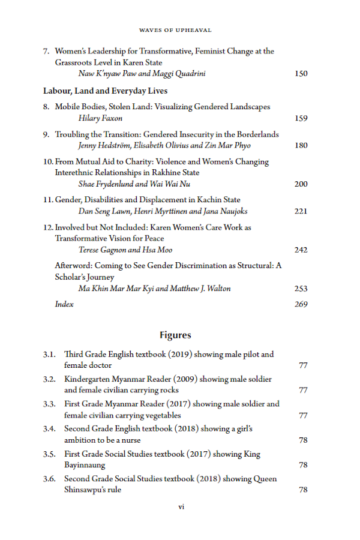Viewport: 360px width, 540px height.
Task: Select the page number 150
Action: click(x=301, y=74)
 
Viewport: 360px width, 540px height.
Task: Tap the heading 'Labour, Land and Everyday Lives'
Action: click(x=105, y=91)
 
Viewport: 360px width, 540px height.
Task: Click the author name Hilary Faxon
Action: click(x=100, y=118)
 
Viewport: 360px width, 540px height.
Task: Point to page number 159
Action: click(x=301, y=118)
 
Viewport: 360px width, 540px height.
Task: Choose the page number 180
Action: click(x=301, y=146)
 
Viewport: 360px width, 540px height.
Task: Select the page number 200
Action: click(x=301, y=184)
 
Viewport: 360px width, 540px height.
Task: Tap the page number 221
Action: click(x=301, y=211)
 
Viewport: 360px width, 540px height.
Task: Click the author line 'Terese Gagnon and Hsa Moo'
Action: click(x=125, y=250)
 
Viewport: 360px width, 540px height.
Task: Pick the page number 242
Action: click(x=301, y=250)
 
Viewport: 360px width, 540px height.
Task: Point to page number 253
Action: click(x=301, y=289)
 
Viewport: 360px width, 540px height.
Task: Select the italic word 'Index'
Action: click(x=64, y=304)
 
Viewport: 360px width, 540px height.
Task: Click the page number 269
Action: click(x=301, y=304)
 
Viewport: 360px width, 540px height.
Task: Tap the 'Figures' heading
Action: click(x=175, y=335)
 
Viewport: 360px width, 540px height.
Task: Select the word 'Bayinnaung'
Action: click(x=85, y=465)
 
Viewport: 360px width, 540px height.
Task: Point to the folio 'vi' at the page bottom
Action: click(x=181, y=507)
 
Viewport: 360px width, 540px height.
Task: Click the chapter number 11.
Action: click(x=48, y=200)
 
